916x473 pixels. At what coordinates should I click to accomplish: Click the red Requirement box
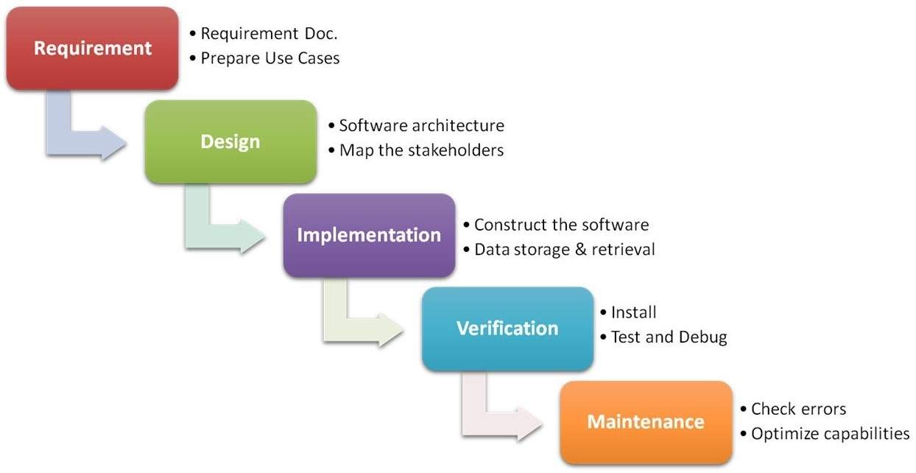click(93, 49)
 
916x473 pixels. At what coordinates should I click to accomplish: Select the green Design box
click(230, 141)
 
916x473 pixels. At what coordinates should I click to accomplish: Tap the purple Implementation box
click(369, 235)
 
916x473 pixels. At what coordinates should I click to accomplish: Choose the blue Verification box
click(507, 329)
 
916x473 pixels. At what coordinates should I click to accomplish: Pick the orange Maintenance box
click(646, 422)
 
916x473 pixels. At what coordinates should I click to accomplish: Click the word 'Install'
click(633, 312)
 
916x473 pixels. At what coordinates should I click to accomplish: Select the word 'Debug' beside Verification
click(702, 337)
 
